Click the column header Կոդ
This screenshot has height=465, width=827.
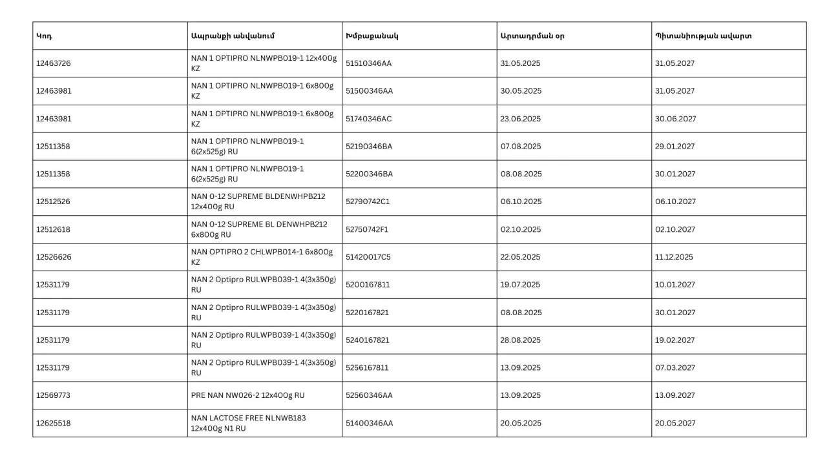44,36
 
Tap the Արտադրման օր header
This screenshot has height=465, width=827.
532,36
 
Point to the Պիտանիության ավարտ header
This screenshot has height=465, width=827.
703,36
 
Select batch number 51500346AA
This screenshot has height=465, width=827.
369,91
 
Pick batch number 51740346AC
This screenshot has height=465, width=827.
369,119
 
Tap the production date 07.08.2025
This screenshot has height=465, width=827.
521,147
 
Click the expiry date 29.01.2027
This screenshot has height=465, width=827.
675,147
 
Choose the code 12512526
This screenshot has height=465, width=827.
53,201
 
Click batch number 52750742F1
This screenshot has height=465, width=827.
367,229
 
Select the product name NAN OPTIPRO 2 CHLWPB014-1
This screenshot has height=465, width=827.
262,252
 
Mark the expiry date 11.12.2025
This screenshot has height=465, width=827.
673,257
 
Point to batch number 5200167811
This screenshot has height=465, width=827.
368,285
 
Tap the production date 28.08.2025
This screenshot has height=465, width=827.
521,340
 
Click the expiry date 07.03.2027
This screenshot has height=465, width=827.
675,368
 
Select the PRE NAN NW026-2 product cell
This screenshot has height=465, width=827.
247,395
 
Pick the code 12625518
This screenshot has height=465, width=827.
53,423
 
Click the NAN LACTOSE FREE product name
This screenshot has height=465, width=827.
249,418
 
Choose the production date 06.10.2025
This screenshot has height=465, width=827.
521,201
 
